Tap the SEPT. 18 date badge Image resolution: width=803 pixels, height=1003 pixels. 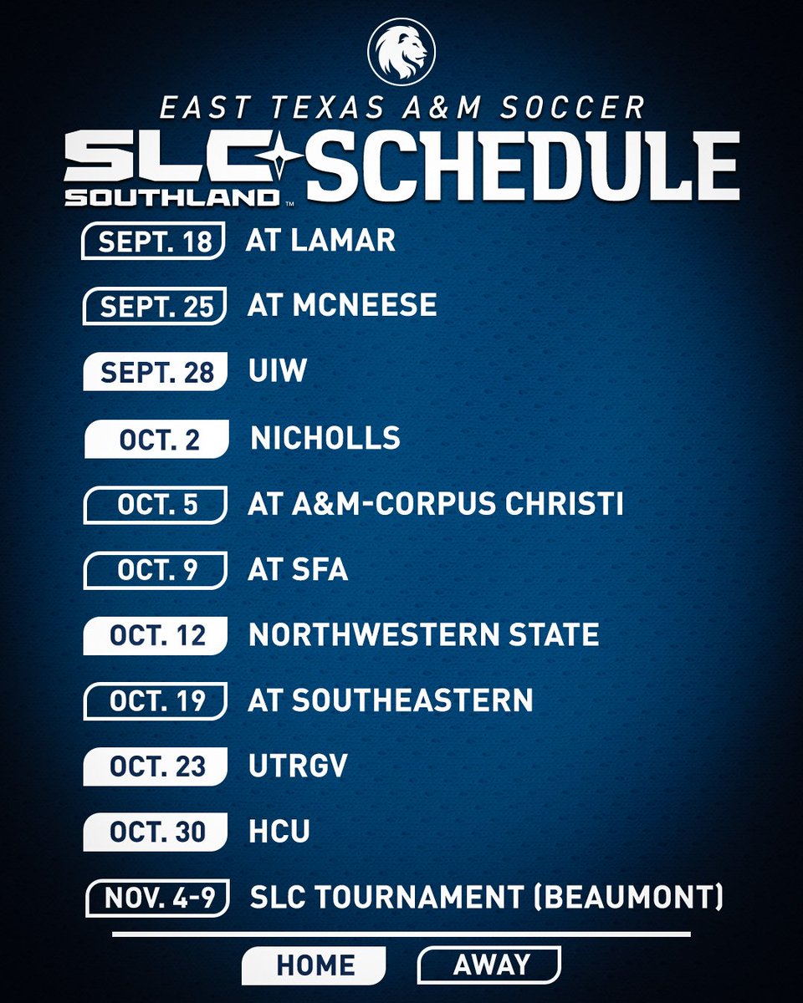[153, 242]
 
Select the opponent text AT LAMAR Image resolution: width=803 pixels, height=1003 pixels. [320, 241]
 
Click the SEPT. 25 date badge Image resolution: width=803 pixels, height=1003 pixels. [156, 306]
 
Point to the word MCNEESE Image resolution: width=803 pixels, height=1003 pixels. [365, 305]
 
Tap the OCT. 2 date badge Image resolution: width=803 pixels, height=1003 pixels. [156, 440]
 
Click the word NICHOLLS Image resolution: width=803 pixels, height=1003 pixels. [325, 438]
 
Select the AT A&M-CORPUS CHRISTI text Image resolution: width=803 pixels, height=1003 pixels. [436, 504]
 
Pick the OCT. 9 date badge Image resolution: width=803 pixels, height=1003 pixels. [156, 570]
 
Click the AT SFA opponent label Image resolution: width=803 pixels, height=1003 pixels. [298, 570]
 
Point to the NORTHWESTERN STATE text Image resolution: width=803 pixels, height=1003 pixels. [424, 635]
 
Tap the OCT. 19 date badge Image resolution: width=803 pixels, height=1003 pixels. [156, 700]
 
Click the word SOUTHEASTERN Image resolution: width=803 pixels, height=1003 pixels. [412, 700]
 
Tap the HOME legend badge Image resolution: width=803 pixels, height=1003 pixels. [315, 965]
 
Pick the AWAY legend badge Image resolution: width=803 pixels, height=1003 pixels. [489, 965]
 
